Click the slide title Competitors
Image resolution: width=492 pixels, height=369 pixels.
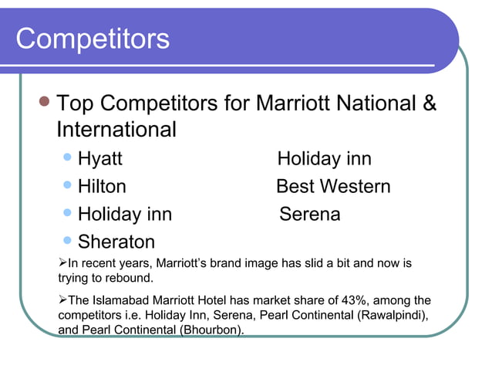click(x=93, y=39)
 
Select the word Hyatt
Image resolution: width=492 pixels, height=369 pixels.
click(x=100, y=159)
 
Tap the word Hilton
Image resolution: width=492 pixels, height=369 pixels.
click(x=102, y=187)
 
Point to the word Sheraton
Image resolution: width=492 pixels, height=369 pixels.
click(x=116, y=242)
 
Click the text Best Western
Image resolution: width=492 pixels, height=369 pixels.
click(x=333, y=187)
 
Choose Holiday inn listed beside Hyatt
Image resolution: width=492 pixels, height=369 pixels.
click(x=324, y=159)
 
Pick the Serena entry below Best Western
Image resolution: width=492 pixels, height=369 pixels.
click(x=309, y=214)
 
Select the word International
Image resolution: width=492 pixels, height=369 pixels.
click(x=116, y=130)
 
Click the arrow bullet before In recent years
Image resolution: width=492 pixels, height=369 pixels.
click(x=63, y=263)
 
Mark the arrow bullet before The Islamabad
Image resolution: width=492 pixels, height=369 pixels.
click(x=63, y=300)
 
